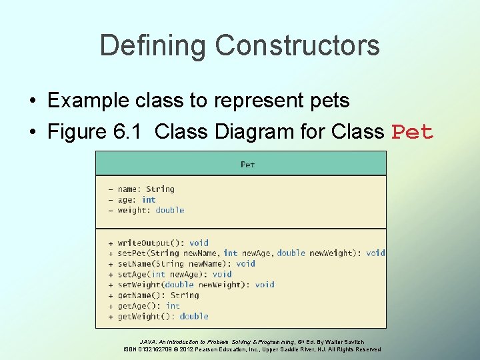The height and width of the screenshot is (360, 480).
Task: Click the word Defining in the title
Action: (x=153, y=45)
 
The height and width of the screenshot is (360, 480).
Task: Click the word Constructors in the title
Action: (x=297, y=45)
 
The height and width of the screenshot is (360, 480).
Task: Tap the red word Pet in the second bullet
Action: (x=413, y=132)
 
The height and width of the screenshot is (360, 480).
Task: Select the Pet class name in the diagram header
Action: (x=247, y=164)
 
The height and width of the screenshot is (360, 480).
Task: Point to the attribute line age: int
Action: (x=136, y=199)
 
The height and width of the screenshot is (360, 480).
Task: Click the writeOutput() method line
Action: (x=163, y=243)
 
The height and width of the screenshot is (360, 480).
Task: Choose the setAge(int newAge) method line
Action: (x=174, y=274)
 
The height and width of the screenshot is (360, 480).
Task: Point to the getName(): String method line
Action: (x=158, y=295)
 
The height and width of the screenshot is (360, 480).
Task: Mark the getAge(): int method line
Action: (x=149, y=305)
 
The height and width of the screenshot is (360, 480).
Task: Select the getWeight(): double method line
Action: (x=163, y=316)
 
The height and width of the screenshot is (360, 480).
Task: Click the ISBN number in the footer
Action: (x=155, y=349)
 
